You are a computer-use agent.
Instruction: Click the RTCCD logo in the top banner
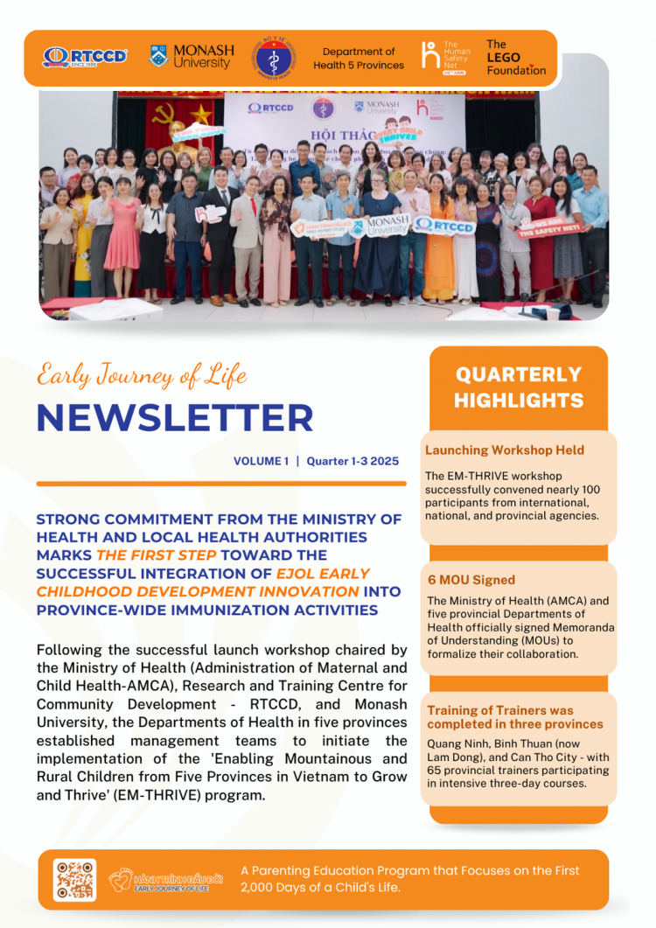pyautogui.click(x=85, y=57)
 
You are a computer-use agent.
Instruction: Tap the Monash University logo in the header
pyautogui.click(x=192, y=57)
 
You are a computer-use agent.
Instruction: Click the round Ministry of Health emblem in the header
pyautogui.click(x=274, y=58)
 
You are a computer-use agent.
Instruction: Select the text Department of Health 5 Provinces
pyautogui.click(x=359, y=59)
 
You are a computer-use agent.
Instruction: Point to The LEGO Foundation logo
pyautogui.click(x=515, y=58)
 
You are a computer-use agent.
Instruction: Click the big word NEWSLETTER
pyautogui.click(x=175, y=418)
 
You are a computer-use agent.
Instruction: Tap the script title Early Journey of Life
pyautogui.click(x=142, y=376)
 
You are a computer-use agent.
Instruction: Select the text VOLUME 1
pyautogui.click(x=261, y=461)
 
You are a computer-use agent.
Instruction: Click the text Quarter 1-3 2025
pyautogui.click(x=352, y=461)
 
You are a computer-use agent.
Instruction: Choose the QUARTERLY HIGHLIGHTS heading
pyautogui.click(x=519, y=387)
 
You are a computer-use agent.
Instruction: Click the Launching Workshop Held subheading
pyautogui.click(x=505, y=450)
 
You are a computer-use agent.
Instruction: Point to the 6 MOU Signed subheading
pyautogui.click(x=471, y=580)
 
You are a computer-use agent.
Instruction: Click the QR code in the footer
pyautogui.click(x=75, y=880)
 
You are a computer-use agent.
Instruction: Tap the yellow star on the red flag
pyautogui.click(x=201, y=114)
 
